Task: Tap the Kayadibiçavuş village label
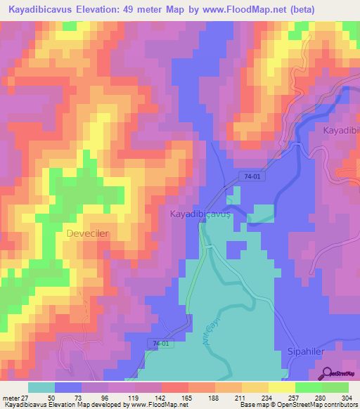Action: [x=200, y=214]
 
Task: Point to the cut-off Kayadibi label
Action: [x=341, y=131]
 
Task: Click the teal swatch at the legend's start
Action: [x=41, y=387]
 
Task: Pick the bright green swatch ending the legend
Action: [x=335, y=387]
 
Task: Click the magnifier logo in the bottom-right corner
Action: [x=324, y=375]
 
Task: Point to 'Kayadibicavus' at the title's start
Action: [x=41, y=10]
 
